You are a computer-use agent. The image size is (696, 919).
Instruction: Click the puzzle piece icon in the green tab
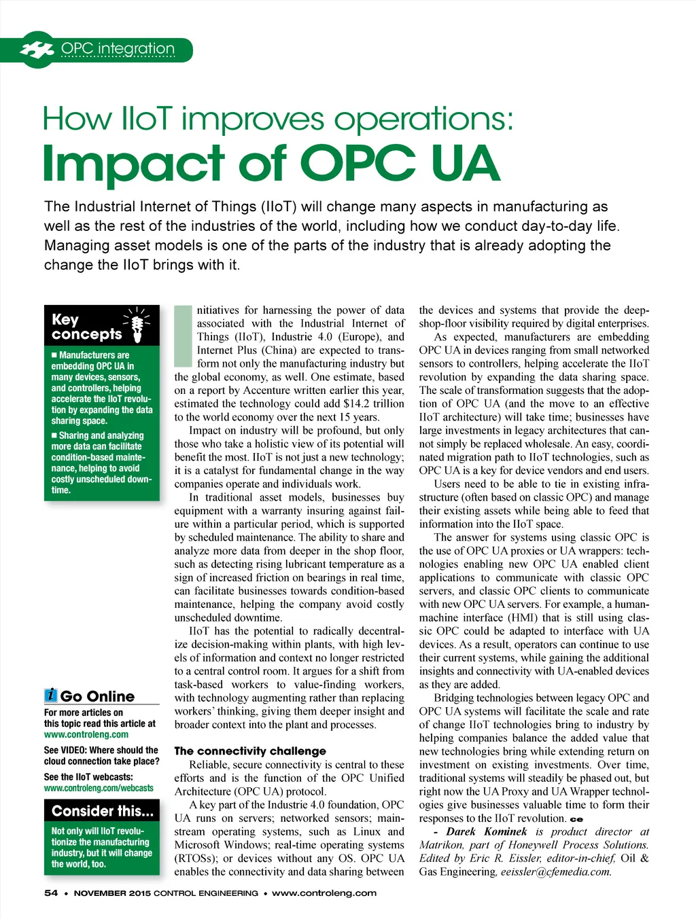pyautogui.click(x=37, y=49)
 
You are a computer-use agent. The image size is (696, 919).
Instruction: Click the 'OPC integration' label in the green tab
pyautogui.click(x=118, y=49)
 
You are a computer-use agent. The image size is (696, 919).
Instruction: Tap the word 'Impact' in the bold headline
pyautogui.click(x=133, y=164)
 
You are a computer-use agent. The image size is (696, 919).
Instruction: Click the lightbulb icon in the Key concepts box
pyautogui.click(x=137, y=325)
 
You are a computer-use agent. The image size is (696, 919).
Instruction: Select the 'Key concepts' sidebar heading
pyautogui.click(x=86, y=327)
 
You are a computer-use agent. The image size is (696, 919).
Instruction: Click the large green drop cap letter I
pyautogui.click(x=184, y=336)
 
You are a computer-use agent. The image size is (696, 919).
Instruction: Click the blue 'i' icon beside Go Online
pyautogui.click(x=51, y=695)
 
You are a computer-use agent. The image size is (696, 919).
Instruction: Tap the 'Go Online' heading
pyautogui.click(x=97, y=696)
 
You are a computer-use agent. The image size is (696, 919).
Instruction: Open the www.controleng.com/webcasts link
pyautogui.click(x=99, y=788)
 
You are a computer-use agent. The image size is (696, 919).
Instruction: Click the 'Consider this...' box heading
pyautogui.click(x=102, y=811)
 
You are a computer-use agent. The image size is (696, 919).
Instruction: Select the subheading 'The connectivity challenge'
pyautogui.click(x=250, y=751)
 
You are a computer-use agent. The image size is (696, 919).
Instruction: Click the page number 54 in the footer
pyautogui.click(x=51, y=893)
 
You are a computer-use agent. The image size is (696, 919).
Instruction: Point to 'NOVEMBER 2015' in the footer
pyautogui.click(x=112, y=893)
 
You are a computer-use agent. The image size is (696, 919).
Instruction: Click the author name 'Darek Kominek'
pyautogui.click(x=486, y=831)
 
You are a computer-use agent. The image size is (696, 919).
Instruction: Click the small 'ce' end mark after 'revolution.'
pyautogui.click(x=576, y=819)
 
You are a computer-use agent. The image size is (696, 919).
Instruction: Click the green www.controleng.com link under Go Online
pyautogui.click(x=86, y=734)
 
